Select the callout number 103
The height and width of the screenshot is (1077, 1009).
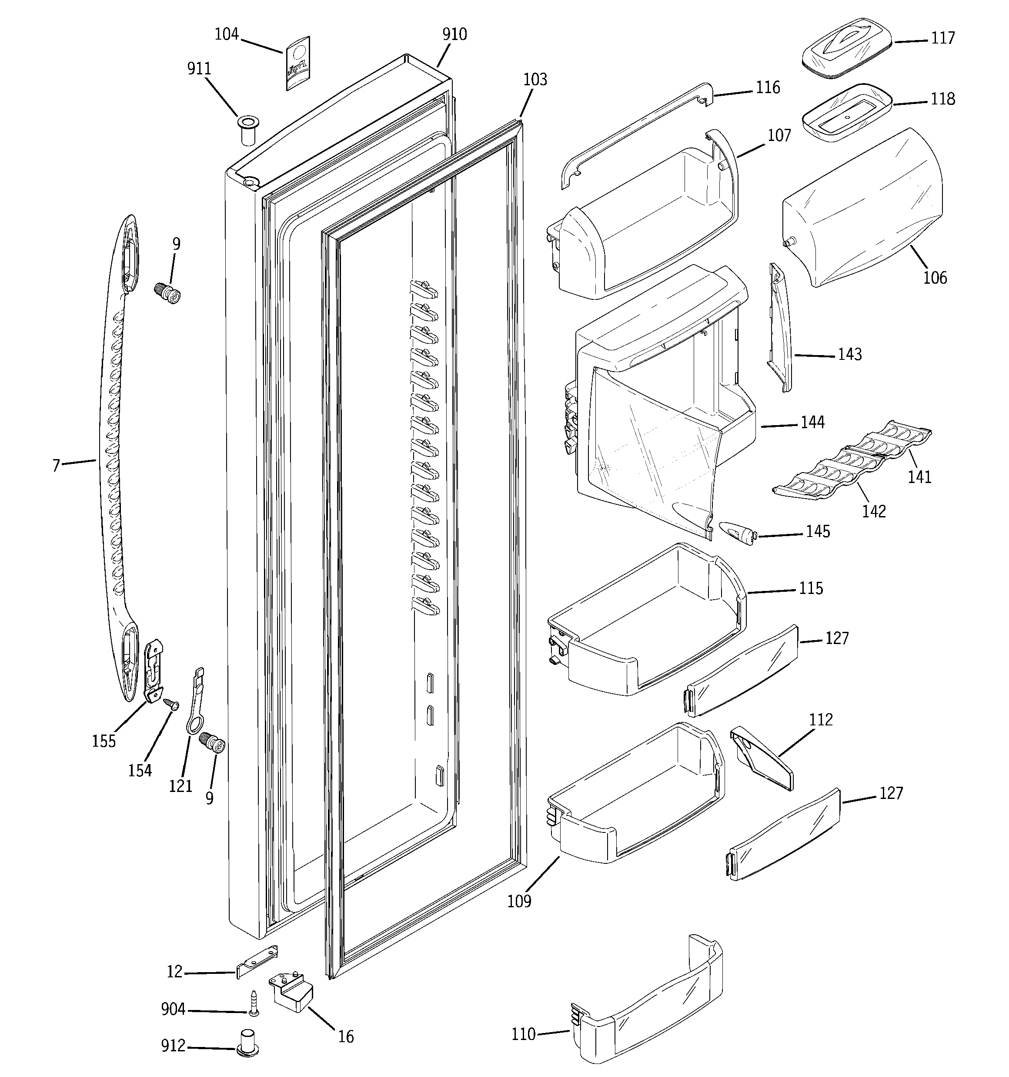535,80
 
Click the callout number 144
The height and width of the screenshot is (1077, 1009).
812,422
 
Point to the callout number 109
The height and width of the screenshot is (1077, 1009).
519,902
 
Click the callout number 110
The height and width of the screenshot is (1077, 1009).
523,1034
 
